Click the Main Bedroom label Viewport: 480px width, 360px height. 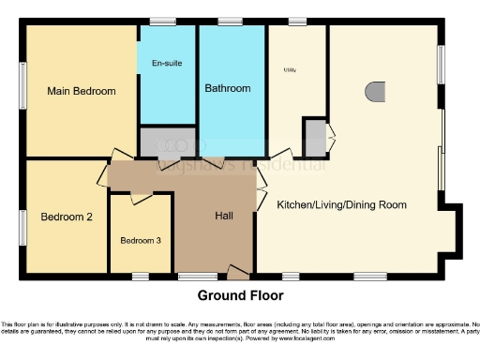pos(82,91)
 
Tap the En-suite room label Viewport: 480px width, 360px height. pos(167,63)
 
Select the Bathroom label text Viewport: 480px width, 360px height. pos(228,88)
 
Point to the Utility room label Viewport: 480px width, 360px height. pos(289,69)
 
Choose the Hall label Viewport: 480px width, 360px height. pos(224,216)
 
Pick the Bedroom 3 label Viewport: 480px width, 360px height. pos(141,240)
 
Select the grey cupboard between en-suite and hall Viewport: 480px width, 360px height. pos(167,142)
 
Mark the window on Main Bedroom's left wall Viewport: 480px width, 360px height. pos(22,91)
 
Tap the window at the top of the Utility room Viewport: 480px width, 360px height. pos(296,21)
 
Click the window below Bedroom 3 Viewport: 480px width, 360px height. pos(140,276)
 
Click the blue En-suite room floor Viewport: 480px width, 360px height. pos(167,94)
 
